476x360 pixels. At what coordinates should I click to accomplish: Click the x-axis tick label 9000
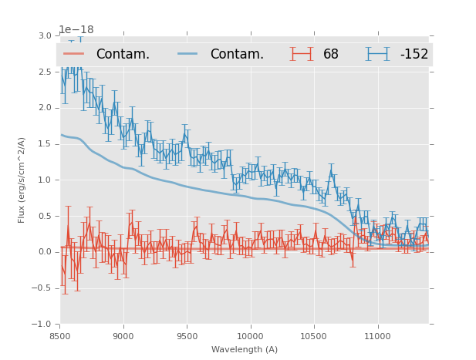123,337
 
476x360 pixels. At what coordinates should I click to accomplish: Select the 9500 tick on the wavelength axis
187,337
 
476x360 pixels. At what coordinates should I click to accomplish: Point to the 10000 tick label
250,337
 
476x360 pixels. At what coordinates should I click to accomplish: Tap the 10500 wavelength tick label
313,337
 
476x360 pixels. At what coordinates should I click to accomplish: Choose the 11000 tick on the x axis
377,337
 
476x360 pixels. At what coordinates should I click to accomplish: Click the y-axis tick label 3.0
45,36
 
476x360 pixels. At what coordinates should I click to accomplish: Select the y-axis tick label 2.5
45,72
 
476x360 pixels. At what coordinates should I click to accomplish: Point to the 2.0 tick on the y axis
45,108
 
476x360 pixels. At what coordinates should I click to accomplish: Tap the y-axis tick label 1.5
45,144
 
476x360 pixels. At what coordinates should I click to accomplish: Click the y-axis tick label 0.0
45,252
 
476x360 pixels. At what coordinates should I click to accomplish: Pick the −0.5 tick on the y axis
42,288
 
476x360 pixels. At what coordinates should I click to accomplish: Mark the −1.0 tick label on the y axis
42,324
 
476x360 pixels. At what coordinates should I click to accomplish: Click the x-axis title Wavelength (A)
245,349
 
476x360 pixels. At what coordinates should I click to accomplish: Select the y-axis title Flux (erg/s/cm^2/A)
22,180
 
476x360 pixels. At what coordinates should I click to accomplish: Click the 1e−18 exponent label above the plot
76,30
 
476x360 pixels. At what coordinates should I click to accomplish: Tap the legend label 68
331,54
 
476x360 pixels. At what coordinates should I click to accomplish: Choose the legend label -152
414,54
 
